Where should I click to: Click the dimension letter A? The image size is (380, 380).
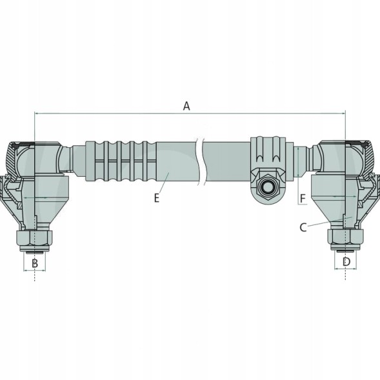coord(186,106)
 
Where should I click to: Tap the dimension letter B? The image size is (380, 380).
coord(35,263)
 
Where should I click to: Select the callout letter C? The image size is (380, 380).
coord(303,228)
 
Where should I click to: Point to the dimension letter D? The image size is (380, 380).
coord(346,262)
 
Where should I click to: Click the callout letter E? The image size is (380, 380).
coord(157,198)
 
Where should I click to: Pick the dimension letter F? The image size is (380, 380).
coord(303,199)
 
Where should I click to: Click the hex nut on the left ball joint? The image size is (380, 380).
coord(34,238)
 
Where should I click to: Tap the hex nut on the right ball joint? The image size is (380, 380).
coord(346,237)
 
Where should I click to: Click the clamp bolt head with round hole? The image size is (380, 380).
coord(268,187)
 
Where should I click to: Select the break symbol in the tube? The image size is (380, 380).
coord(201,162)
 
